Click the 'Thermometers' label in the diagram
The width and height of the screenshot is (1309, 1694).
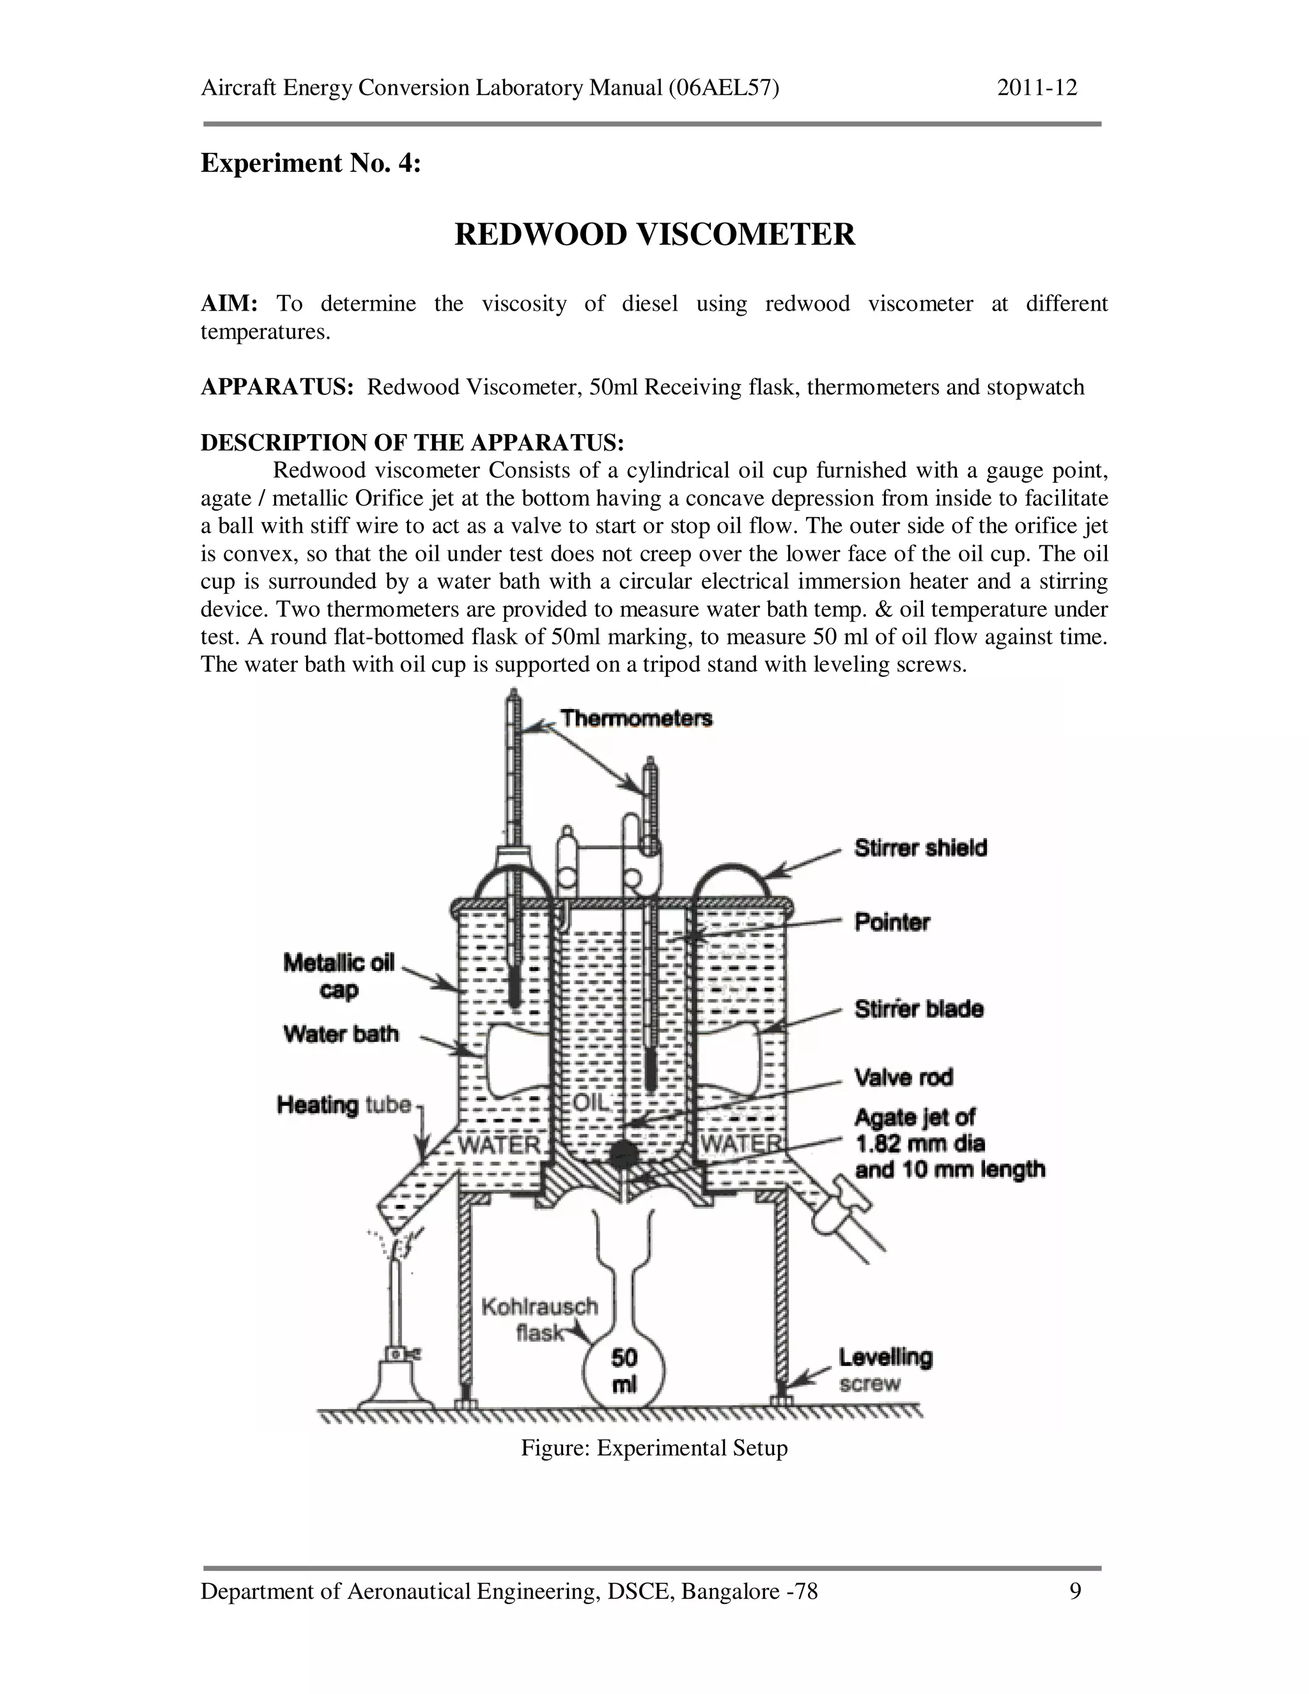pyautogui.click(x=636, y=719)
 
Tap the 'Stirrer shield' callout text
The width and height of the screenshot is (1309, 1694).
pyautogui.click(x=920, y=848)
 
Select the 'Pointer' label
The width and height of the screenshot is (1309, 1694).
pyautogui.click(x=892, y=922)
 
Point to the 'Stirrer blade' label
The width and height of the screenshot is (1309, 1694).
pyautogui.click(x=919, y=1009)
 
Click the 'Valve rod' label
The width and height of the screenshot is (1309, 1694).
pyautogui.click(x=903, y=1077)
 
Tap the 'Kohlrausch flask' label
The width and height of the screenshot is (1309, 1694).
pyautogui.click(x=539, y=1319)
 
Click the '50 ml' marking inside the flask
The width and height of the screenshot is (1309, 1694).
pyautogui.click(x=624, y=1371)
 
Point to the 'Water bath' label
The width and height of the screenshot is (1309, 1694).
pyautogui.click(x=341, y=1034)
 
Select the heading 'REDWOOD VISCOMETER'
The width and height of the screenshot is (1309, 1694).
pyautogui.click(x=654, y=234)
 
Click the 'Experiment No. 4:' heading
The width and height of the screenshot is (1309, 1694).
pyautogui.click(x=310, y=163)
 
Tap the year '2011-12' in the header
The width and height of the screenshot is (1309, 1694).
pyautogui.click(x=1037, y=88)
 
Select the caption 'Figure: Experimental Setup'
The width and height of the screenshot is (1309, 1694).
pyautogui.click(x=654, y=1448)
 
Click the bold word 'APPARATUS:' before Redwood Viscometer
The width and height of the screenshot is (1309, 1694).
pyautogui.click(x=277, y=387)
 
